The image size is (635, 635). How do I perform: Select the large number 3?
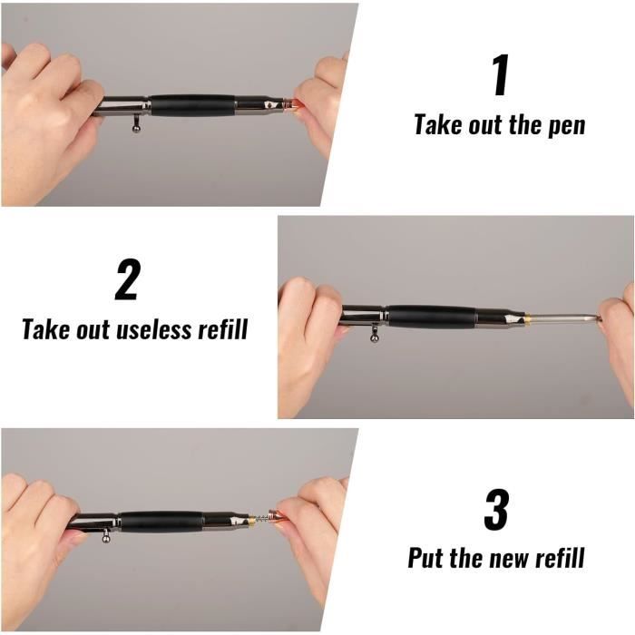(x=495, y=510)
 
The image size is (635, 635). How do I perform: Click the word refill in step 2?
(x=222, y=328)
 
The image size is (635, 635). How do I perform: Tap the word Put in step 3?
(x=428, y=557)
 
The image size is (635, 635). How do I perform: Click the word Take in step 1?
(x=439, y=125)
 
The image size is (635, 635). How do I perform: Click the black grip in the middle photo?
(x=432, y=316)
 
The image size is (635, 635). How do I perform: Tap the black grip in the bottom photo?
(x=161, y=521)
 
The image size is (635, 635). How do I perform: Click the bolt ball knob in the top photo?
(x=137, y=127)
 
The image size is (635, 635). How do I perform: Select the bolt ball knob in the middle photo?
(x=374, y=338)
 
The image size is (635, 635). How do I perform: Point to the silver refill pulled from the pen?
(x=562, y=317)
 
